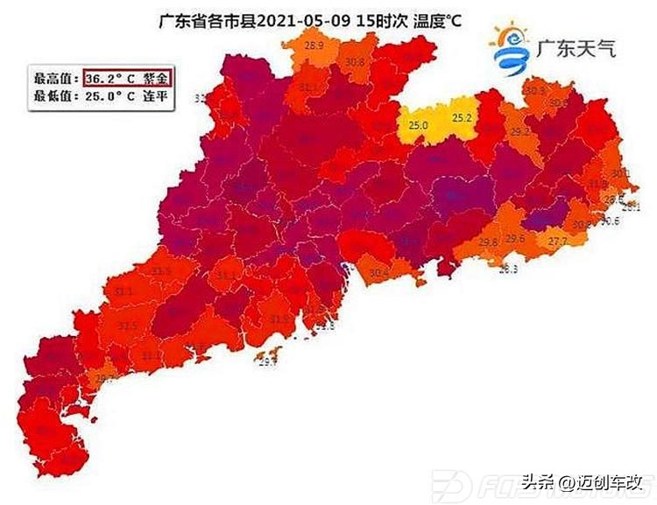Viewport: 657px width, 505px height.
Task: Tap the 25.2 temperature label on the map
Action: click(x=462, y=117)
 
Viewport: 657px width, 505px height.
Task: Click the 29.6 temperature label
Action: click(x=516, y=237)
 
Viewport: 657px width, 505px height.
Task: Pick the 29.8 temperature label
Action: click(x=489, y=242)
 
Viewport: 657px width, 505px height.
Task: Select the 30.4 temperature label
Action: click(x=378, y=273)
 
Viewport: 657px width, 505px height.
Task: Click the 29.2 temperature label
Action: click(x=520, y=132)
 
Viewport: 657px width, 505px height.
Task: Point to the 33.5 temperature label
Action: click(x=161, y=271)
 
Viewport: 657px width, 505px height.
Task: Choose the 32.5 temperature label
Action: click(x=129, y=326)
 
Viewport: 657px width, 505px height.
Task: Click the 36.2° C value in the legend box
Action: click(x=112, y=78)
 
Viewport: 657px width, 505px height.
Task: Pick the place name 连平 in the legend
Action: click(x=157, y=96)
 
